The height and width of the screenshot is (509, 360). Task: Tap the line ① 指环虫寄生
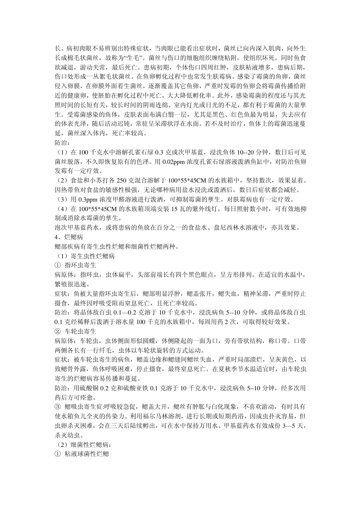pos(75,265)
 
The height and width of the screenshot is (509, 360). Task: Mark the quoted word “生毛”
pos(133,58)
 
